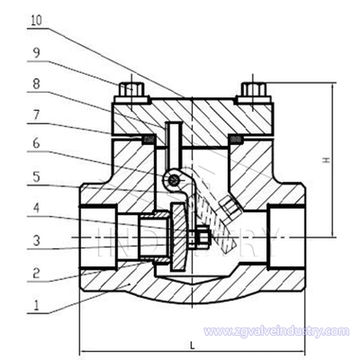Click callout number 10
click(36, 20)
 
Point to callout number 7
click(36, 114)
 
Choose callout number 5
click(36, 176)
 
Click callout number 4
click(36, 208)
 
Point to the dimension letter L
click(191, 346)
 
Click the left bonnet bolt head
click(130, 90)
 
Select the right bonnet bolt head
click(254, 90)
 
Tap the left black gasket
click(148, 140)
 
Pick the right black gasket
click(236, 140)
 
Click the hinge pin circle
click(173, 179)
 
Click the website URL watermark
click(275, 331)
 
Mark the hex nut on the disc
click(201, 238)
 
